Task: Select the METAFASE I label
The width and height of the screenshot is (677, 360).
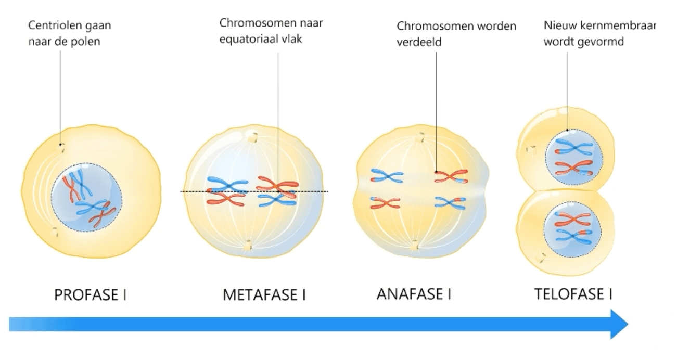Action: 264,295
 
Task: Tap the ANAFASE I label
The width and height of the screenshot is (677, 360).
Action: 414,294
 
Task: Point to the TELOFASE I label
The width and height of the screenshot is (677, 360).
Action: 573,294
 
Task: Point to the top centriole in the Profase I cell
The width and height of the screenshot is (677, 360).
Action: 61,147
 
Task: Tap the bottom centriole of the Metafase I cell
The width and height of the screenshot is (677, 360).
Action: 249,245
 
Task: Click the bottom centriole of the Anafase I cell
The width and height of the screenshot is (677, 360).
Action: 415,243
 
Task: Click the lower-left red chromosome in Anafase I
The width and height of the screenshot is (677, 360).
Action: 385,203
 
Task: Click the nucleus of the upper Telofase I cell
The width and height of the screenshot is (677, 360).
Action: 574,156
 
